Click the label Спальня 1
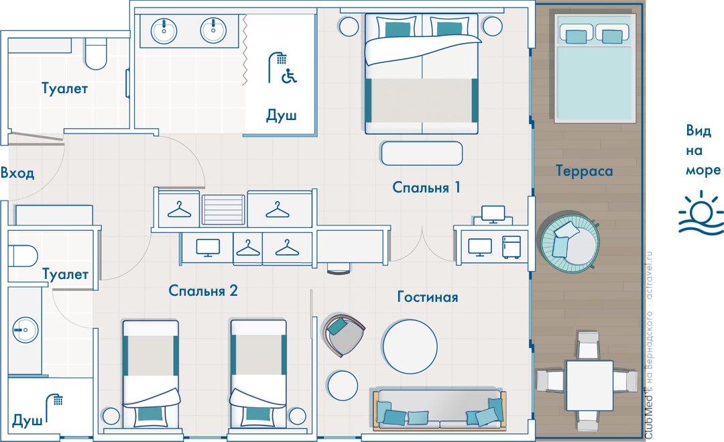click(426, 187)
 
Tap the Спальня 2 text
click(202, 290)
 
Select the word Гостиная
click(428, 296)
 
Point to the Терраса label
click(584, 171)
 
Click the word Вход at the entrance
click(17, 173)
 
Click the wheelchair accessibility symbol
click(290, 76)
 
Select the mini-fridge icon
click(511, 247)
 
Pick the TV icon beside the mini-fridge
click(480, 247)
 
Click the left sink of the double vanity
click(164, 32)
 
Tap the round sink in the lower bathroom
click(25, 330)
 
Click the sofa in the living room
click(440, 409)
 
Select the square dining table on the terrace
click(590, 386)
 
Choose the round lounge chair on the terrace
click(570, 243)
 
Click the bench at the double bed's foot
click(422, 154)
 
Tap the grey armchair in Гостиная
click(344, 335)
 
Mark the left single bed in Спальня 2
click(151, 374)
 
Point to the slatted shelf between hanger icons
click(223, 210)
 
